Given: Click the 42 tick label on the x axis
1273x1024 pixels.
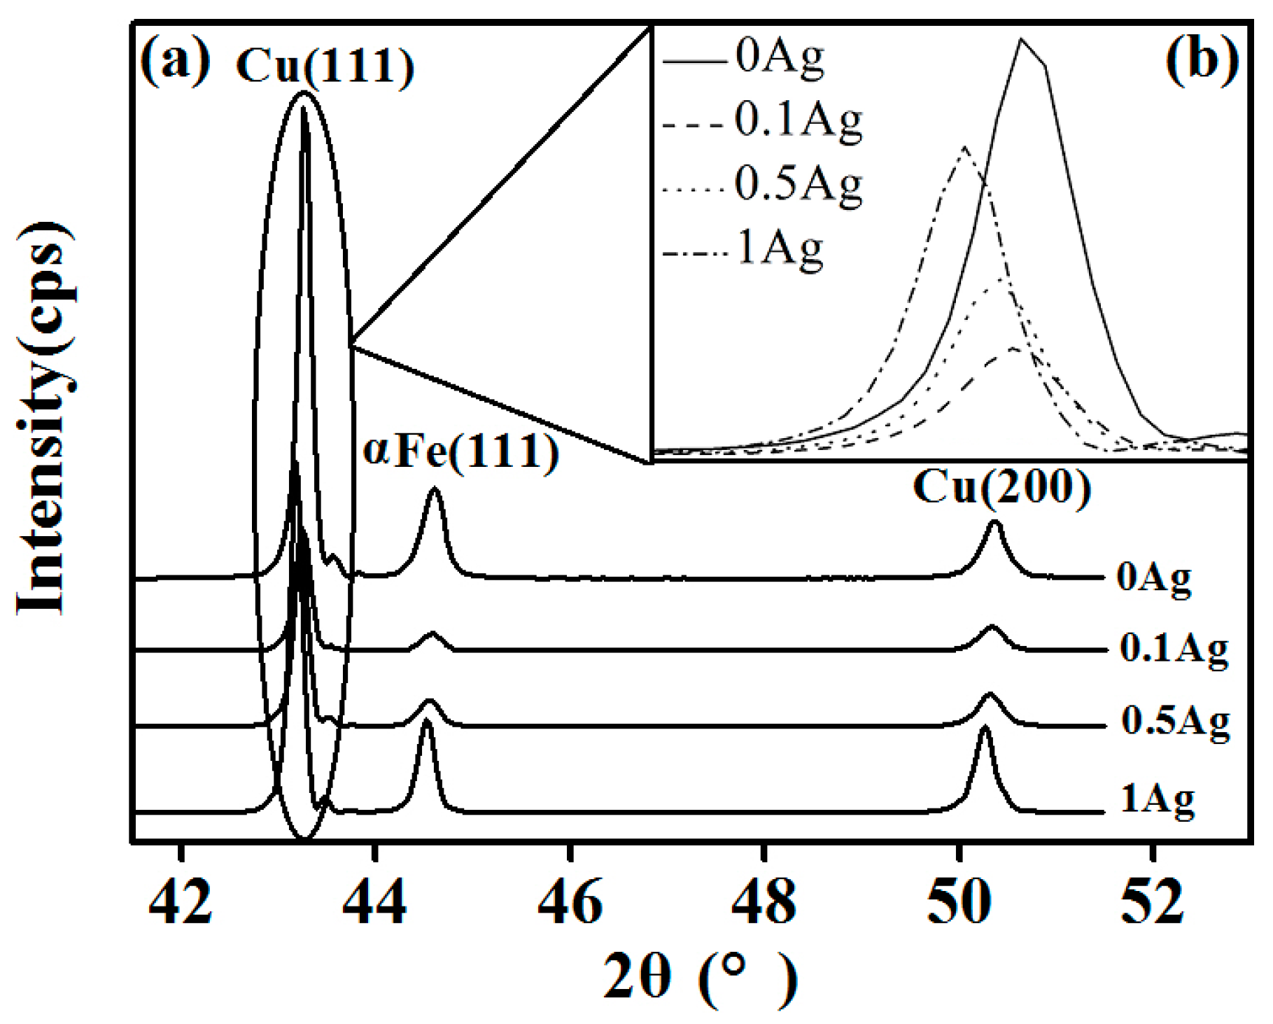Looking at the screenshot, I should [x=181, y=902].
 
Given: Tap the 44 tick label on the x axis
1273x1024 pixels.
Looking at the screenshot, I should [x=375, y=902].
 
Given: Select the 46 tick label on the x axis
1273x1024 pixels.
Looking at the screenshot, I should [x=570, y=902].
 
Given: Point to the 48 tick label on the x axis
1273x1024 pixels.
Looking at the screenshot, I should [x=764, y=902].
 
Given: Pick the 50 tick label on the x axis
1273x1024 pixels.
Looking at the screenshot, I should [x=959, y=902].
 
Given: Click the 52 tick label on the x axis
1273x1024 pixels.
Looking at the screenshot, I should [x=1153, y=902].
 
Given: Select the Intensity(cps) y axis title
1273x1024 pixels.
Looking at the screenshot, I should [x=45, y=420].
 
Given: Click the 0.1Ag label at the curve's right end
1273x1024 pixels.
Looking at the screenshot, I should [x=1174, y=649].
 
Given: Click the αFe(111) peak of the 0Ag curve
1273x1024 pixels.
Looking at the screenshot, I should [x=435, y=490].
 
